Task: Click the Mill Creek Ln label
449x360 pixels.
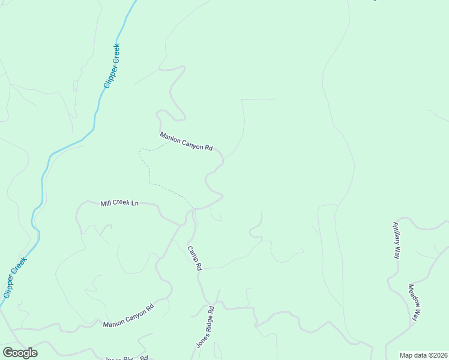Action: point(120,204)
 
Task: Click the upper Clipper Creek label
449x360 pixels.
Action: point(112,66)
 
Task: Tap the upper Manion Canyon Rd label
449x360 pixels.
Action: point(187,142)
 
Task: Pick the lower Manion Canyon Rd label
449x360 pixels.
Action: point(128,316)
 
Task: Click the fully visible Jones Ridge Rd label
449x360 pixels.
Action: point(205,328)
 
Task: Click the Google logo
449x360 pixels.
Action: point(20,353)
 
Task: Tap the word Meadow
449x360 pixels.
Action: point(413,295)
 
